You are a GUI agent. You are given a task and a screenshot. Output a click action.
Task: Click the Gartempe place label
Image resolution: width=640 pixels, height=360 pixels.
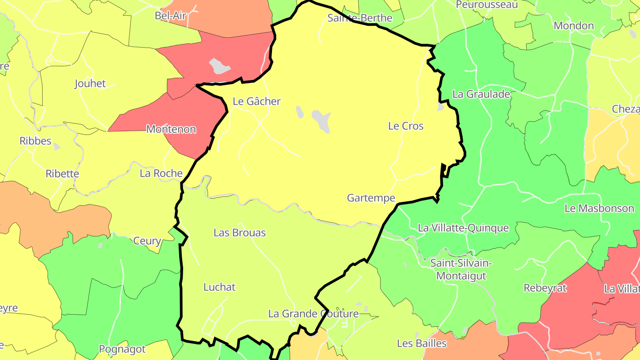tap(371, 198)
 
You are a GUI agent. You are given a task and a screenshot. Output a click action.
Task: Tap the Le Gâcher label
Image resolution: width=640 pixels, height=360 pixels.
tap(256, 101)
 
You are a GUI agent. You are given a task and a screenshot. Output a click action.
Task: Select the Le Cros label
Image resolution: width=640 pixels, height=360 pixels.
tap(406, 126)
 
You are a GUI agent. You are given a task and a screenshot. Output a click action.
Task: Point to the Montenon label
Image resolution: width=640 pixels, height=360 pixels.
tap(171, 129)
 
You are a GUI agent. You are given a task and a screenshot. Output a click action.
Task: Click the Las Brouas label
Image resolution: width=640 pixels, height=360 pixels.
tap(240, 232)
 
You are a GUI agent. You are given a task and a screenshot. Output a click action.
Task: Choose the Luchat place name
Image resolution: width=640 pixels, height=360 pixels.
tap(219, 287)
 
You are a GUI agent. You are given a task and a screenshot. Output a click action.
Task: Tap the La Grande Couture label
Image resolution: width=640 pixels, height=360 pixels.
tap(313, 314)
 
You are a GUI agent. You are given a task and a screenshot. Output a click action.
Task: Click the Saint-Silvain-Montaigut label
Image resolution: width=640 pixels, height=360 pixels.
tap(461, 269)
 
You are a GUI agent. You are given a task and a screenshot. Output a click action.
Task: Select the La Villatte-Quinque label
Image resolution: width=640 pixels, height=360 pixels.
tap(463, 228)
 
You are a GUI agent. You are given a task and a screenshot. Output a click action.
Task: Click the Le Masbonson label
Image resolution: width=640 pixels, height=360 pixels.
tap(599, 208)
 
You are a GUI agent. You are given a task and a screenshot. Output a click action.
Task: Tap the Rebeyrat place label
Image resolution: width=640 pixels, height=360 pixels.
tap(545, 288)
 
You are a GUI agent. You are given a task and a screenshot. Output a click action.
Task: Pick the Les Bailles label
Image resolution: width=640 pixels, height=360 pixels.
tap(421, 343)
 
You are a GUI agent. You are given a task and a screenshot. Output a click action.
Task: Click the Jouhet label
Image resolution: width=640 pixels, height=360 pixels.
tap(90, 84)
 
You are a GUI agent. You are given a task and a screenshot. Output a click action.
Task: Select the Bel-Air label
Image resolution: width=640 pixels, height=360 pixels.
tap(170, 16)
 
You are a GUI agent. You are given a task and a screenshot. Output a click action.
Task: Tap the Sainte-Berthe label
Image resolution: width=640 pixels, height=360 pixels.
tap(360, 18)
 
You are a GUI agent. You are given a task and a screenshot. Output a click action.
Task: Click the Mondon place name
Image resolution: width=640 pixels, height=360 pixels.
tap(573, 26)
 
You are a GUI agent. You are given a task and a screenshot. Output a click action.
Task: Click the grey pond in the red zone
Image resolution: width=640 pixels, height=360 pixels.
tap(220, 66)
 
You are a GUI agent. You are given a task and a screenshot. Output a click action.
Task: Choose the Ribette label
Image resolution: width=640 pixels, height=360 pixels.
tap(62, 174)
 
